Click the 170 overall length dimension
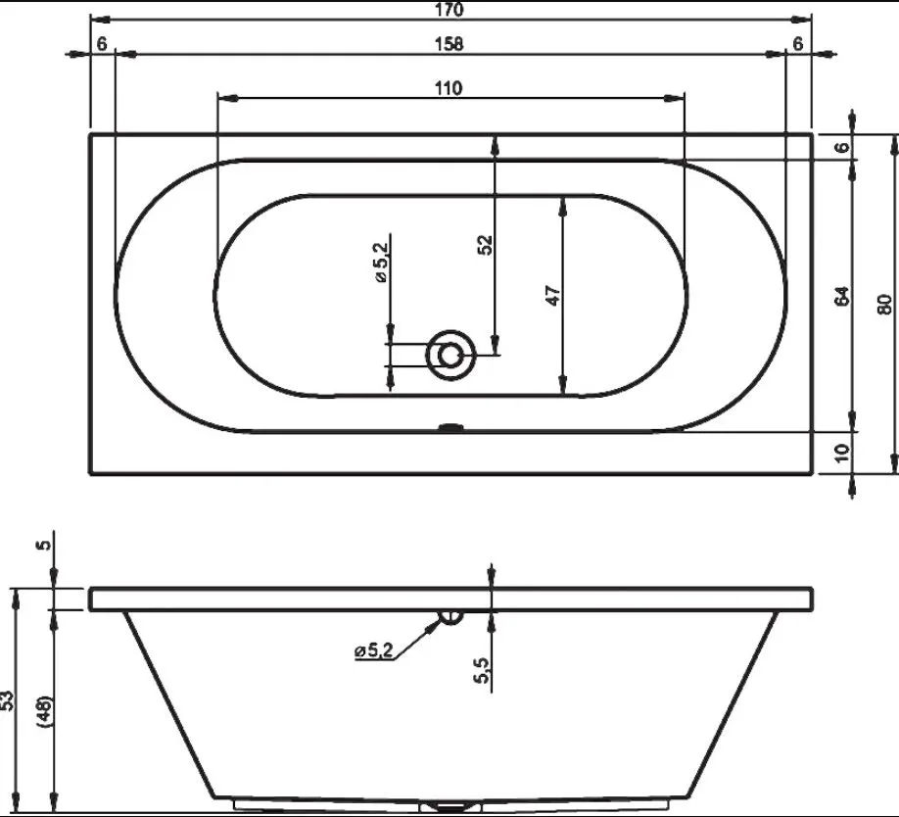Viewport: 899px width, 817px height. click(449, 10)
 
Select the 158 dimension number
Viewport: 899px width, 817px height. click(449, 44)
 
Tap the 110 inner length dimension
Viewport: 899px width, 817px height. click(448, 88)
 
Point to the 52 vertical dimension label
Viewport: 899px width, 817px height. click(485, 245)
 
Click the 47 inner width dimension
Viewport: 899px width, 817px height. click(552, 295)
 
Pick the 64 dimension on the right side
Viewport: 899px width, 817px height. click(841, 296)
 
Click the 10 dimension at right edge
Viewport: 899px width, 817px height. click(841, 453)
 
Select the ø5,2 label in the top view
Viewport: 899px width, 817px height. click(381, 262)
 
